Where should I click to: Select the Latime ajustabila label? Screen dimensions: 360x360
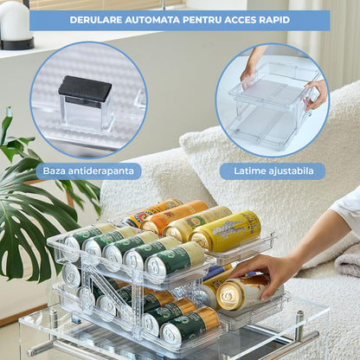[x=272, y=170]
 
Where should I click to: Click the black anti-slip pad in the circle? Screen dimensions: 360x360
[x=85, y=88]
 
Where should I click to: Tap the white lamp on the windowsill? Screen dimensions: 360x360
[x=16, y=21]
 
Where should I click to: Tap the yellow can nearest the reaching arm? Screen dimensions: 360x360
[x=227, y=231]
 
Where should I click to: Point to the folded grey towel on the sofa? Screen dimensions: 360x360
[x=349, y=260]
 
